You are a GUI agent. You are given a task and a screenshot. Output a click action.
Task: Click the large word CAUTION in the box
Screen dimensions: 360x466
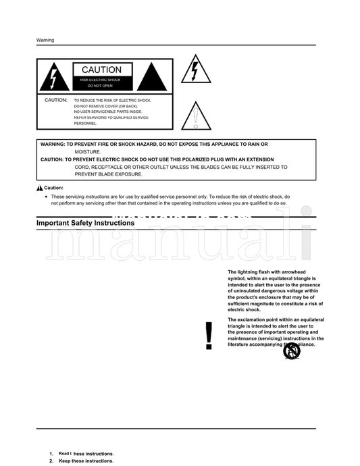click(101, 70)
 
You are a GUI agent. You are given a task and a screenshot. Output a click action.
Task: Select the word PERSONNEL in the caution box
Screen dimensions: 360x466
click(85, 124)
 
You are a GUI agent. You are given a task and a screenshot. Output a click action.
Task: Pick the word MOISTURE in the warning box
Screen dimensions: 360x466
click(88, 152)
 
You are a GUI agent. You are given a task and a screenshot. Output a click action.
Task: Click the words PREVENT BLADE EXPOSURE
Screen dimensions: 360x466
click(109, 174)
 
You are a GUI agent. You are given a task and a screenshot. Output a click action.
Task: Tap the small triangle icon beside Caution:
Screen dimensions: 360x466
click(39, 188)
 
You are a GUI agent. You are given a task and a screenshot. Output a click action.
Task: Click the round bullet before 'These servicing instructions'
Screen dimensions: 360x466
click(45, 197)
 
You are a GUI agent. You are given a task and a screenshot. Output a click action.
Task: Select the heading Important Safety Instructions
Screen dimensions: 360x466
click(85, 222)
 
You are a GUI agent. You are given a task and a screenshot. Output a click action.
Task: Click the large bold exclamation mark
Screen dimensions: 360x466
click(209, 336)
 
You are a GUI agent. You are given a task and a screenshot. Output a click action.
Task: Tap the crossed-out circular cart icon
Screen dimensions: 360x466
click(291, 351)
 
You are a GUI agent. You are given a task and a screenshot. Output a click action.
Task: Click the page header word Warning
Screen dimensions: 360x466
click(45, 40)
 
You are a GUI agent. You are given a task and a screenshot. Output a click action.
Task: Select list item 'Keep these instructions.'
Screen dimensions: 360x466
click(86, 461)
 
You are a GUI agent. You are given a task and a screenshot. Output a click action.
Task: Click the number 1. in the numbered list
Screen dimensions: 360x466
click(51, 453)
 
